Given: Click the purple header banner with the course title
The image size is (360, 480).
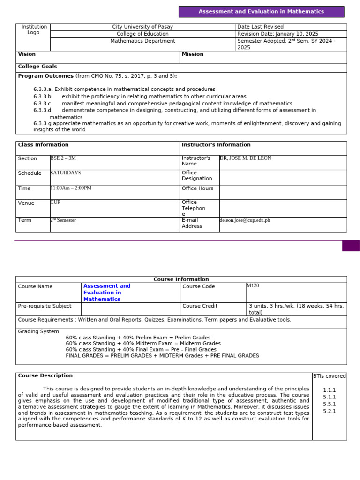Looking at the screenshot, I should tap(261, 12).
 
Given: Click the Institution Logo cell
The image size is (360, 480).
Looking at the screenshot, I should tap(34, 30).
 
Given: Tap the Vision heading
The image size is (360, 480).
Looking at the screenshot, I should tap(27, 54).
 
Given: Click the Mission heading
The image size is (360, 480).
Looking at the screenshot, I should tap(193, 54).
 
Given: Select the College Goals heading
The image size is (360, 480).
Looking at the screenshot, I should tap(37, 67).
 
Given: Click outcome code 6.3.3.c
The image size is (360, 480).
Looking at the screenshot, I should tap(42, 104).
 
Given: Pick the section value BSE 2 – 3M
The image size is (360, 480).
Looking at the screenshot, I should tap(63, 158).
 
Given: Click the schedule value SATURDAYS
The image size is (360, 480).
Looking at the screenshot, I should tap(66, 173).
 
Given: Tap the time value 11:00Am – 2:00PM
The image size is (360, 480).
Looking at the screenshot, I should tap(71, 188).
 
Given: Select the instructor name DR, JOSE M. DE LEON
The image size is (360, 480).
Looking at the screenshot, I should tap(245, 158).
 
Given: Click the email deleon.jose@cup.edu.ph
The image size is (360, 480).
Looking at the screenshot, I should tap(245, 220).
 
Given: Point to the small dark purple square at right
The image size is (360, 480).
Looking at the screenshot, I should tap(351, 246).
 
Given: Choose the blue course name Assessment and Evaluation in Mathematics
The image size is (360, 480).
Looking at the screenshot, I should tap(107, 292).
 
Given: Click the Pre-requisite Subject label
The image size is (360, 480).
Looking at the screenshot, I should tap(45, 306).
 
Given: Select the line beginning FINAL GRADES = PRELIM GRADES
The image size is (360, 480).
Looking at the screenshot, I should tap(162, 356).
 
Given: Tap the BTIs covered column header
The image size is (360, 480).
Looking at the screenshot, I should tap(329, 376).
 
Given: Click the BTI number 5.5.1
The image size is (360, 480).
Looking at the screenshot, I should tap(329, 404).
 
